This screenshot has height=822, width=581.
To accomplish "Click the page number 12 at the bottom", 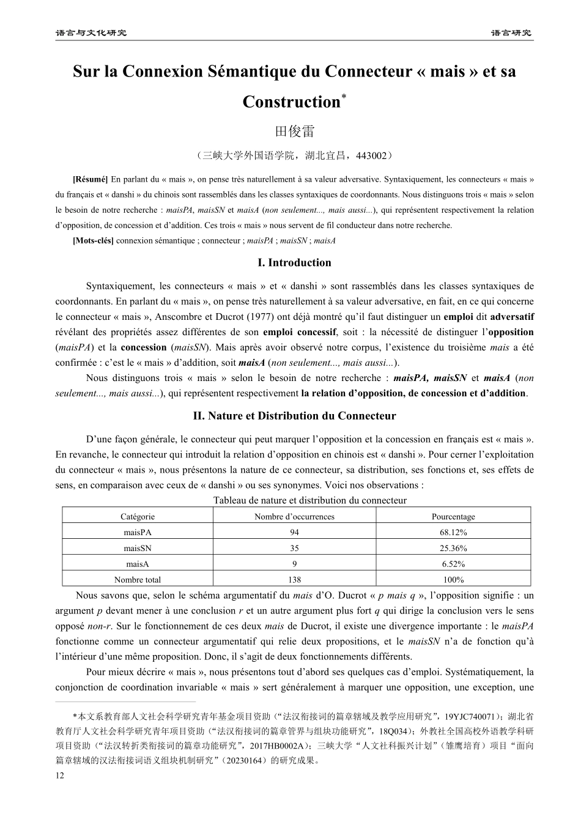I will [x=59, y=776].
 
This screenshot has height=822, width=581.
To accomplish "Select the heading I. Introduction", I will [x=294, y=263].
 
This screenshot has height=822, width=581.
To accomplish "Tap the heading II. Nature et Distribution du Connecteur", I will [x=294, y=416].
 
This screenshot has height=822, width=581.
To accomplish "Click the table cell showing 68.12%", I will [x=453, y=533].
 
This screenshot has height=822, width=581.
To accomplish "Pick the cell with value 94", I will [x=294, y=533].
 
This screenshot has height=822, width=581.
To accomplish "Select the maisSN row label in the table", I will [x=138, y=549].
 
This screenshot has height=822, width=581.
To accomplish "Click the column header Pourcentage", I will [x=453, y=517].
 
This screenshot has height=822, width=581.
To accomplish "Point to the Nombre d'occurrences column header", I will [x=294, y=517].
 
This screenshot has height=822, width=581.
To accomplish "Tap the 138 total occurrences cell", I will [x=294, y=580].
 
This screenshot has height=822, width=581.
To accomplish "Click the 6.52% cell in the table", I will [x=453, y=564].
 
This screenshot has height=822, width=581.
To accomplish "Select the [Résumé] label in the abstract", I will [x=90, y=180].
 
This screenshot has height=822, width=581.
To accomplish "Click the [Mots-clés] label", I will [x=93, y=241].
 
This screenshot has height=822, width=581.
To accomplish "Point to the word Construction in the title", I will [x=291, y=102].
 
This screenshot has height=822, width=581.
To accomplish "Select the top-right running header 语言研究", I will [x=511, y=32].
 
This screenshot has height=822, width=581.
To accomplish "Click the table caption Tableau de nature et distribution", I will [x=309, y=500].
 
